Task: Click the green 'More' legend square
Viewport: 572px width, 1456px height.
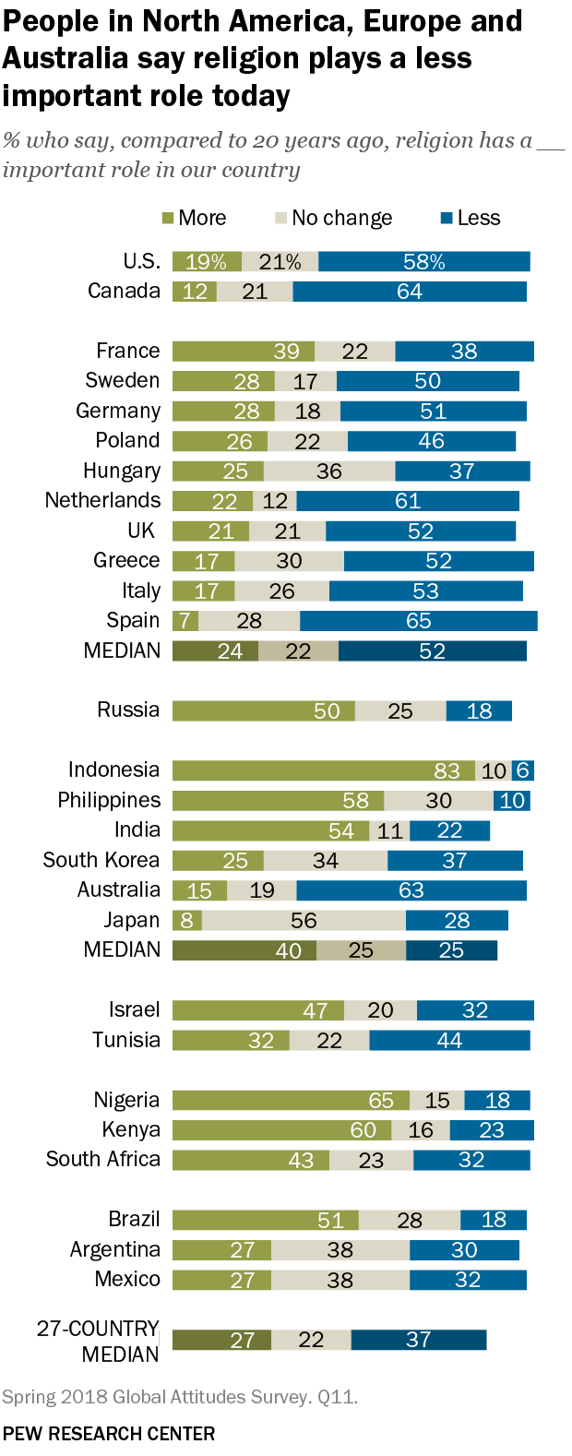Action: click(168, 219)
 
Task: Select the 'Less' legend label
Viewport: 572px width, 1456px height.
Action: click(478, 219)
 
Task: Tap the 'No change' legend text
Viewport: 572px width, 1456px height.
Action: click(341, 219)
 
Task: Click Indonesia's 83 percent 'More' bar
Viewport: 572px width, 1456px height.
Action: click(323, 770)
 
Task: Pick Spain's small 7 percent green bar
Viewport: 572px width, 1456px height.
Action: click(185, 621)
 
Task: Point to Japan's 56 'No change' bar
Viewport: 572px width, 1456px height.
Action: click(304, 920)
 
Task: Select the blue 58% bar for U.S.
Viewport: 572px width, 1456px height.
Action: click(423, 262)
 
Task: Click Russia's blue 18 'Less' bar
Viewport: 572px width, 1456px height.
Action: click(478, 710)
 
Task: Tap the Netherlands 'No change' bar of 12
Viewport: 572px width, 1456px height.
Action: click(274, 501)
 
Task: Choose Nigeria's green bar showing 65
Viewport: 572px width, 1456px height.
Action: click(291, 1100)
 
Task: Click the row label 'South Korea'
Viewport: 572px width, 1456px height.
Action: click(101, 860)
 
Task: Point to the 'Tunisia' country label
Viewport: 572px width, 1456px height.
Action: click(126, 1040)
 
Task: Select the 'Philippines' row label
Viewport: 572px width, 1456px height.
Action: click(109, 800)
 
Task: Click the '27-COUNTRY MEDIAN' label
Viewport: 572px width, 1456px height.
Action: click(98, 1341)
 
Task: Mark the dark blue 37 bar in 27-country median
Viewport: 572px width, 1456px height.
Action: click(418, 1340)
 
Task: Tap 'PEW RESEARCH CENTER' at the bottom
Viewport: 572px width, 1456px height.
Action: click(109, 1433)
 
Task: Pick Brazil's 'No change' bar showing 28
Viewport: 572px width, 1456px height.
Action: click(409, 1220)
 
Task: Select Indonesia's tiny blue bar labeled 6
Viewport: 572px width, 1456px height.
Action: click(523, 770)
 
